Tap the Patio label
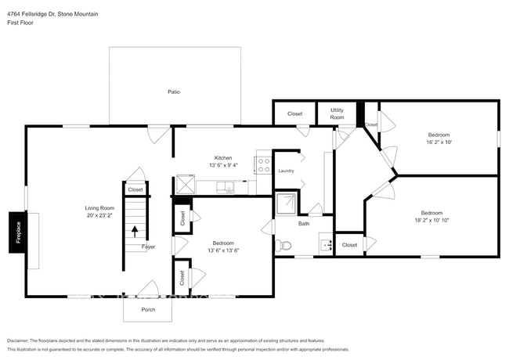coord(174,92)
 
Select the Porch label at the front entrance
coord(148,309)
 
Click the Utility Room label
coord(338,113)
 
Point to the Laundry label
coord(286,170)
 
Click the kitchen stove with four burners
coord(263,165)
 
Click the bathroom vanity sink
coord(327,245)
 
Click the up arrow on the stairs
coord(135,231)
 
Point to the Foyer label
coord(148,247)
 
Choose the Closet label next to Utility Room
coord(294,114)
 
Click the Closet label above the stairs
coord(135,189)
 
